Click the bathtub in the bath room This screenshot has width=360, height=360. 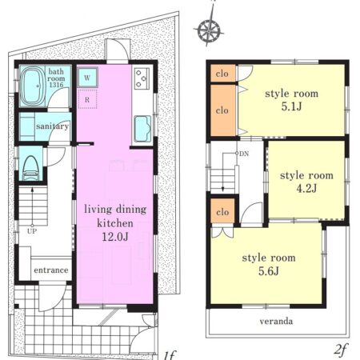[x=33, y=86]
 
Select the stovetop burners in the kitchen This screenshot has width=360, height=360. [x=142, y=78]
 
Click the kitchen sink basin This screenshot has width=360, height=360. [x=142, y=129]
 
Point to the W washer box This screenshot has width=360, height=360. [x=87, y=78]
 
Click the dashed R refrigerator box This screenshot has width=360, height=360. [x=87, y=99]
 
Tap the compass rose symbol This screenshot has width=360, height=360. [x=209, y=30]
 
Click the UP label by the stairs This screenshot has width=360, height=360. [x=32, y=231]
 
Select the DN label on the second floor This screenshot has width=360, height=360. [x=244, y=154]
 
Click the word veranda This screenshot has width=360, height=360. [x=276, y=321]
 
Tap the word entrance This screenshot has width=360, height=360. [x=51, y=270]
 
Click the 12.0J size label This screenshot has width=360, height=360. [x=115, y=237]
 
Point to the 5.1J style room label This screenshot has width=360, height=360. [x=291, y=106]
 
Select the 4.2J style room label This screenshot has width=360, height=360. [x=306, y=189]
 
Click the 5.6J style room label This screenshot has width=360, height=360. [x=269, y=271]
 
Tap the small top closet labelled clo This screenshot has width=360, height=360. [x=223, y=73]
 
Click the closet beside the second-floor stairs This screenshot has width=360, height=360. [x=222, y=212]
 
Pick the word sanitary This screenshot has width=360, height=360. [x=53, y=126]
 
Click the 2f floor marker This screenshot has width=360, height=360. [x=341, y=350]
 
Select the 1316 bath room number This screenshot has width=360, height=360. [x=56, y=85]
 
